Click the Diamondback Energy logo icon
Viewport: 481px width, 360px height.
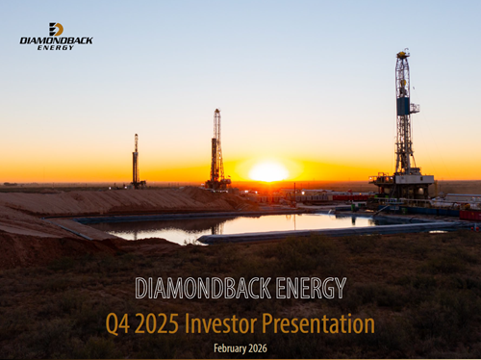[x=56, y=29]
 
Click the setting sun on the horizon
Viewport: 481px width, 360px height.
[x=268, y=172]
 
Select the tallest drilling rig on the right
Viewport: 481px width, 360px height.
[x=402, y=125]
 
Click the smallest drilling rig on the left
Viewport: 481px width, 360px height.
[x=137, y=162]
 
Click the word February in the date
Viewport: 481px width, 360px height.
[x=229, y=347]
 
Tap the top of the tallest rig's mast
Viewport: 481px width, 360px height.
[x=403, y=55]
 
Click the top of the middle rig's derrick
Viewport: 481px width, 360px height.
[x=217, y=113]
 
